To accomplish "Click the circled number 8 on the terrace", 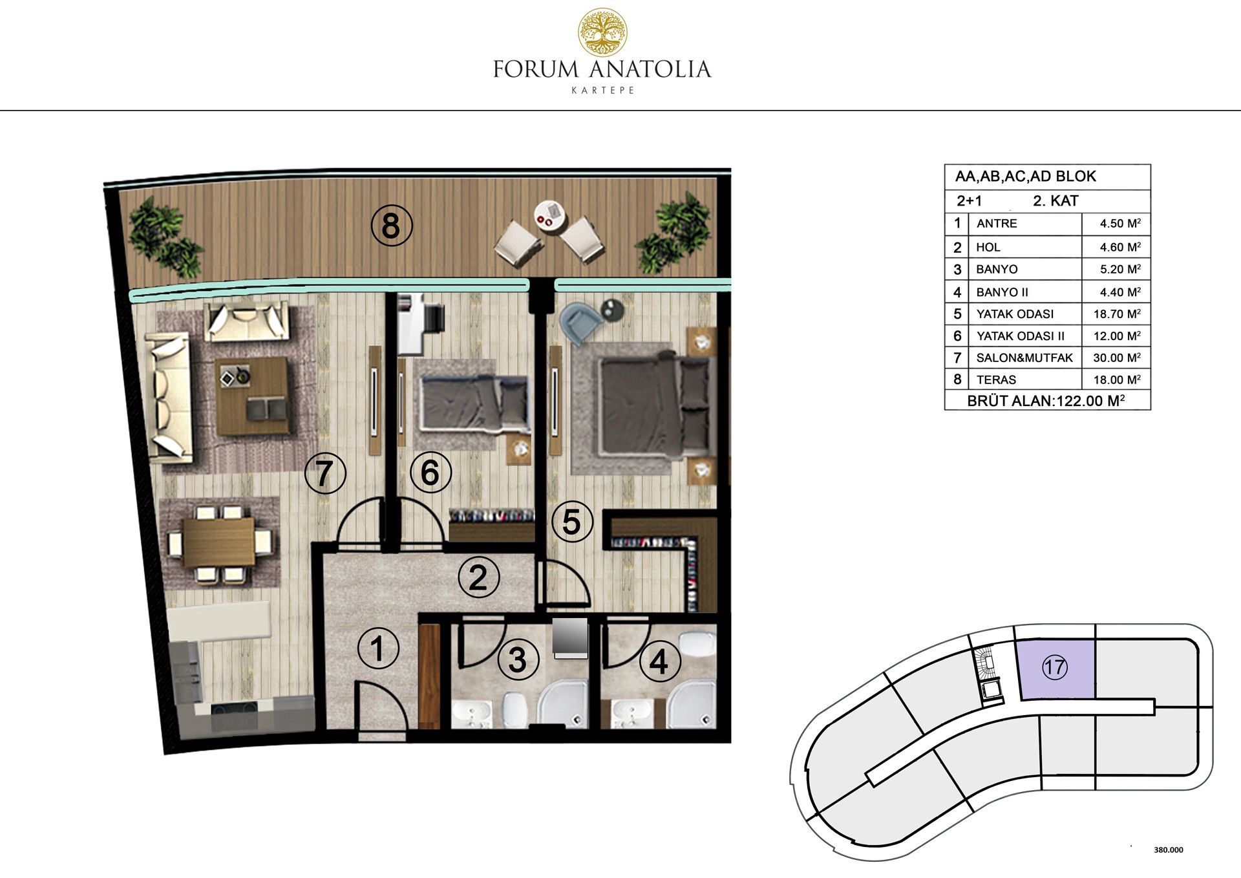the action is pyautogui.click(x=391, y=226).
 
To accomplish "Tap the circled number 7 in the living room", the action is pyautogui.click(x=325, y=473).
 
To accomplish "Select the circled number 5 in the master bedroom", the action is pyautogui.click(x=572, y=522).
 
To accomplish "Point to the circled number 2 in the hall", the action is pyautogui.click(x=478, y=577).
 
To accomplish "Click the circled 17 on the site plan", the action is pyautogui.click(x=1055, y=667).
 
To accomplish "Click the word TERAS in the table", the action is pyautogui.click(x=996, y=380).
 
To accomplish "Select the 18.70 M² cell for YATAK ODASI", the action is pyautogui.click(x=1117, y=314).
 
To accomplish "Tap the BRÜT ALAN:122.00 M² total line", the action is pyautogui.click(x=1046, y=401).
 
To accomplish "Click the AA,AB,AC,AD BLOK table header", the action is pyautogui.click(x=1026, y=176).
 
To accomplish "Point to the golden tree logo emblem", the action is pyautogui.click(x=602, y=32).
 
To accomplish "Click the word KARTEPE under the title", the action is pyautogui.click(x=603, y=91).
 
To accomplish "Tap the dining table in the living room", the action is pyautogui.click(x=219, y=542).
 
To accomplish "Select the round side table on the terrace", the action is pyautogui.click(x=550, y=215).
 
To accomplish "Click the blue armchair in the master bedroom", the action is pyautogui.click(x=581, y=321).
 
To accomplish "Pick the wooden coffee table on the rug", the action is pyautogui.click(x=251, y=396).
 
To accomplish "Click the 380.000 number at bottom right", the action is pyautogui.click(x=1169, y=850).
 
